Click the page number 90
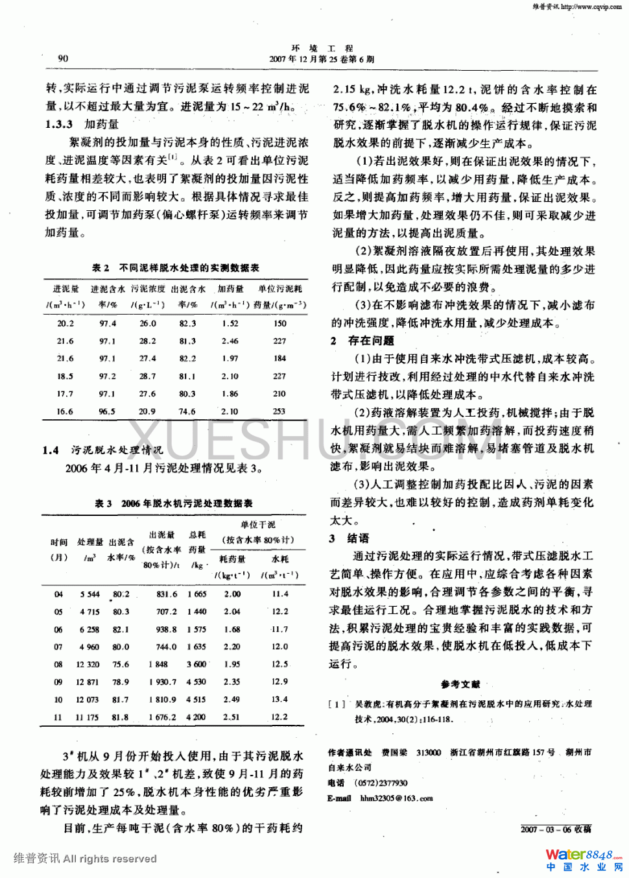click(63, 58)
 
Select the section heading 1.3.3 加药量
click(82, 125)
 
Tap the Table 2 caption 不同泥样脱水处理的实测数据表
click(176, 267)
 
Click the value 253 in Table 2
click(279, 411)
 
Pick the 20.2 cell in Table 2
click(65, 323)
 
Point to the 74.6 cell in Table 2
click(187, 411)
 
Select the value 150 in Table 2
click(279, 323)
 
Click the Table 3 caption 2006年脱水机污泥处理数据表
click(174, 503)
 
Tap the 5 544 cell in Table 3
click(90, 594)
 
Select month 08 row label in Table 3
click(58, 665)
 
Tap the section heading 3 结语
click(350, 538)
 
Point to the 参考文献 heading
click(460, 684)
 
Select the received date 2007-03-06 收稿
click(556, 829)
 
